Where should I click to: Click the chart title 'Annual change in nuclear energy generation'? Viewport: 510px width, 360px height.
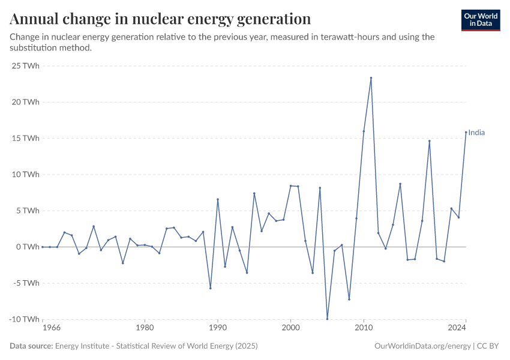pyautogui.click(x=160, y=19)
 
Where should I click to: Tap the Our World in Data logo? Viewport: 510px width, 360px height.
pyautogui.click(x=481, y=20)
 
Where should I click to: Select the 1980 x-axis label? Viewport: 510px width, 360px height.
pyautogui.click(x=144, y=328)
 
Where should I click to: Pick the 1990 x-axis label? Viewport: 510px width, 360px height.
pyautogui.click(x=217, y=328)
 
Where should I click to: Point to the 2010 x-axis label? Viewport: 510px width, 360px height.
pyautogui.click(x=363, y=328)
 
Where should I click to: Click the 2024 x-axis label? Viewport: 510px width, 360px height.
pyautogui.click(x=457, y=328)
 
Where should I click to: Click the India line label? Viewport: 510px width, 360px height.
pyautogui.click(x=476, y=133)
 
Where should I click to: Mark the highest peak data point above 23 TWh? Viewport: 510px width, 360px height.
pyautogui.click(x=371, y=78)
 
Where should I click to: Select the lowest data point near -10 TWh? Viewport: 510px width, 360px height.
pyautogui.click(x=327, y=319)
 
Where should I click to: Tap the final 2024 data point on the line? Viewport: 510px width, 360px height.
pyautogui.click(x=466, y=133)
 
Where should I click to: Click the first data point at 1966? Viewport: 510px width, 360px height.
pyautogui.click(x=43, y=247)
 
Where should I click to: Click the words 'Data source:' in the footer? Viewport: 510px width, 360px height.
pyautogui.click(x=31, y=346)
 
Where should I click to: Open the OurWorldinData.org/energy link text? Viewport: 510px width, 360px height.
pyautogui.click(x=422, y=346)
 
